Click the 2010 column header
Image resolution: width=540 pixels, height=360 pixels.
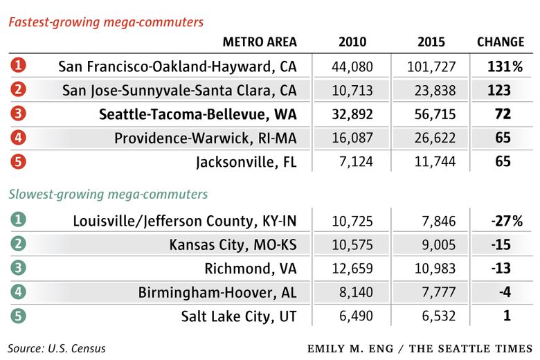coord(352,42)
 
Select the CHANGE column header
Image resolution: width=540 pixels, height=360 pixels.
coord(501,42)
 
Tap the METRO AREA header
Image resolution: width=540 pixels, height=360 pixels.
coord(260,42)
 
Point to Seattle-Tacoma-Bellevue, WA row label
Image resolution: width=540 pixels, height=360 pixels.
coord(197,114)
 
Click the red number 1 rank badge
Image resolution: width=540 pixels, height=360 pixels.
coord(19,66)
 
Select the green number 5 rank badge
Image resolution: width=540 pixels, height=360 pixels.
coord(19,316)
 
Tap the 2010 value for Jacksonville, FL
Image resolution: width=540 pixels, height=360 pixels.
coord(353,161)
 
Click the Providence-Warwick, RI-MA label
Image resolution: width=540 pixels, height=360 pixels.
coord(206,138)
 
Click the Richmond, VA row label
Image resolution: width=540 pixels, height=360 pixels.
coord(251,269)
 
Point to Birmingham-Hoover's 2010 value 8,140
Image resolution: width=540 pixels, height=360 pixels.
coord(356,292)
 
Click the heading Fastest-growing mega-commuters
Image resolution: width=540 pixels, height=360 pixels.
coord(106,22)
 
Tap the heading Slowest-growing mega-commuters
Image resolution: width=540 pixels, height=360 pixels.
coord(108,195)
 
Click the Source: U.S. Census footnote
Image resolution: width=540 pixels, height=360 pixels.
coord(57,348)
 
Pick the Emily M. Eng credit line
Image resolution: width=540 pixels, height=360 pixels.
coord(420,348)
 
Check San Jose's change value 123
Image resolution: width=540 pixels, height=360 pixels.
coord(498,90)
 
